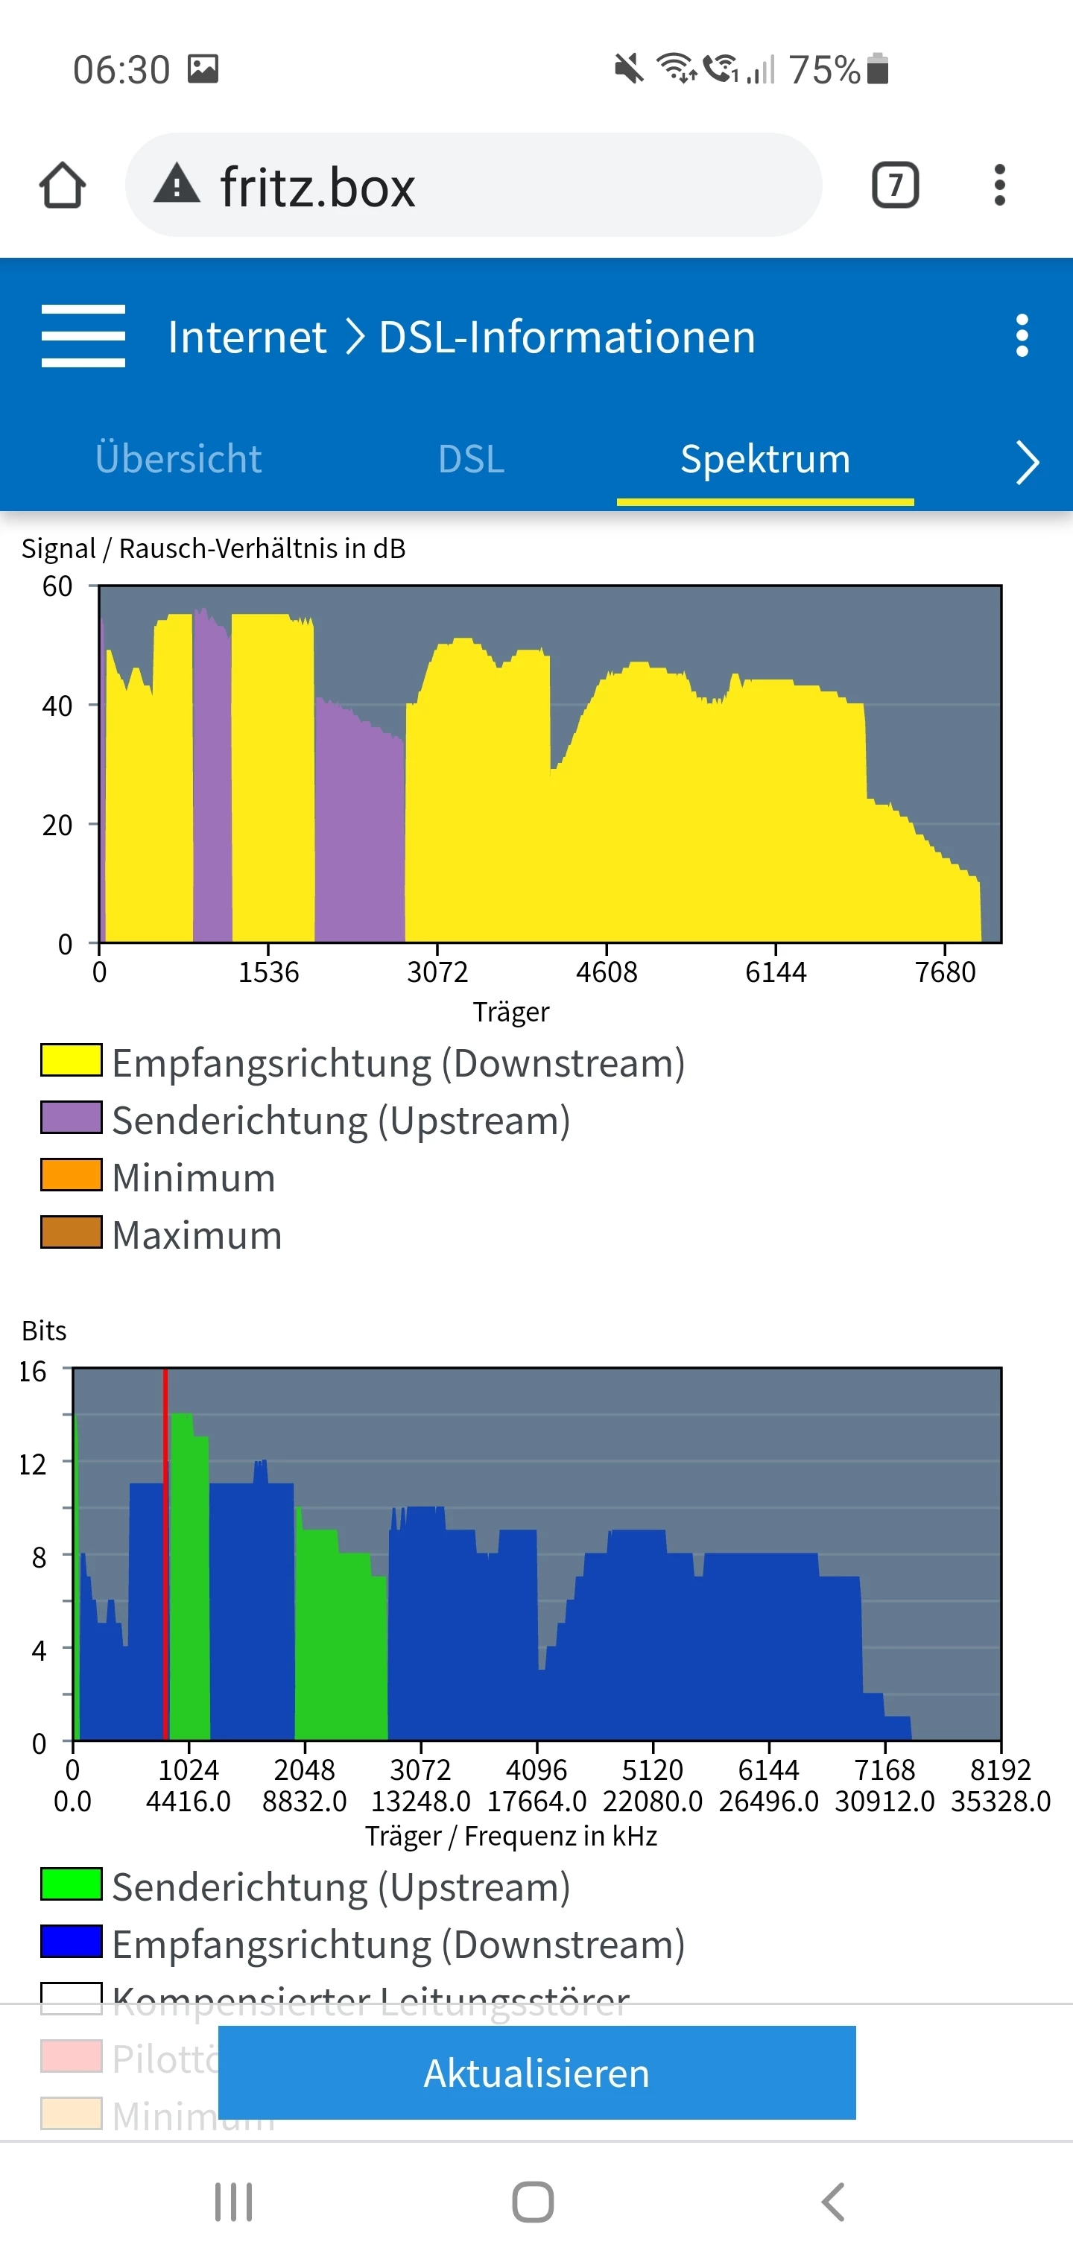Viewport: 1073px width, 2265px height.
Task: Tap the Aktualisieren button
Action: click(x=536, y=2073)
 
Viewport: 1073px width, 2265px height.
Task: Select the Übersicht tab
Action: click(x=179, y=459)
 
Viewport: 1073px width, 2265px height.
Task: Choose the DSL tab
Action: click(x=472, y=459)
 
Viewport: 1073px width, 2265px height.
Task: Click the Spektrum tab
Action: click(x=765, y=459)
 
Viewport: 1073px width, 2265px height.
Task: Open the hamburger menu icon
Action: click(x=83, y=336)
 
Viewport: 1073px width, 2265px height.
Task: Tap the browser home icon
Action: click(x=63, y=186)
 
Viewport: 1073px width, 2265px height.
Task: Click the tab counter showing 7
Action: click(x=896, y=186)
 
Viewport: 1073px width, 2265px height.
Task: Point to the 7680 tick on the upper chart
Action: click(x=946, y=972)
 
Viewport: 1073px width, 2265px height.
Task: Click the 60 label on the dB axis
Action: click(x=57, y=586)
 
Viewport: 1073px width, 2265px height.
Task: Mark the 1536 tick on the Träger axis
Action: click(x=269, y=972)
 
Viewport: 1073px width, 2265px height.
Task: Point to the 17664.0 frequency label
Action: click(x=536, y=1802)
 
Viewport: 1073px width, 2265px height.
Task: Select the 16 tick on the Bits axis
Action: click(x=33, y=1372)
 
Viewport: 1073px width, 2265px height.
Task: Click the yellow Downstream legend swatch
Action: click(x=72, y=1060)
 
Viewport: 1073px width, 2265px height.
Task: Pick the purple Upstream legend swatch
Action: click(x=72, y=1118)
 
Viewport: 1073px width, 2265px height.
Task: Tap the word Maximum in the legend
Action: click(x=197, y=1235)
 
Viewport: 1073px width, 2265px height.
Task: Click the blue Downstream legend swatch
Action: click(x=72, y=1942)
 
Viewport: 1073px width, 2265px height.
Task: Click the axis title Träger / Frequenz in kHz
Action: click(x=511, y=1836)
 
